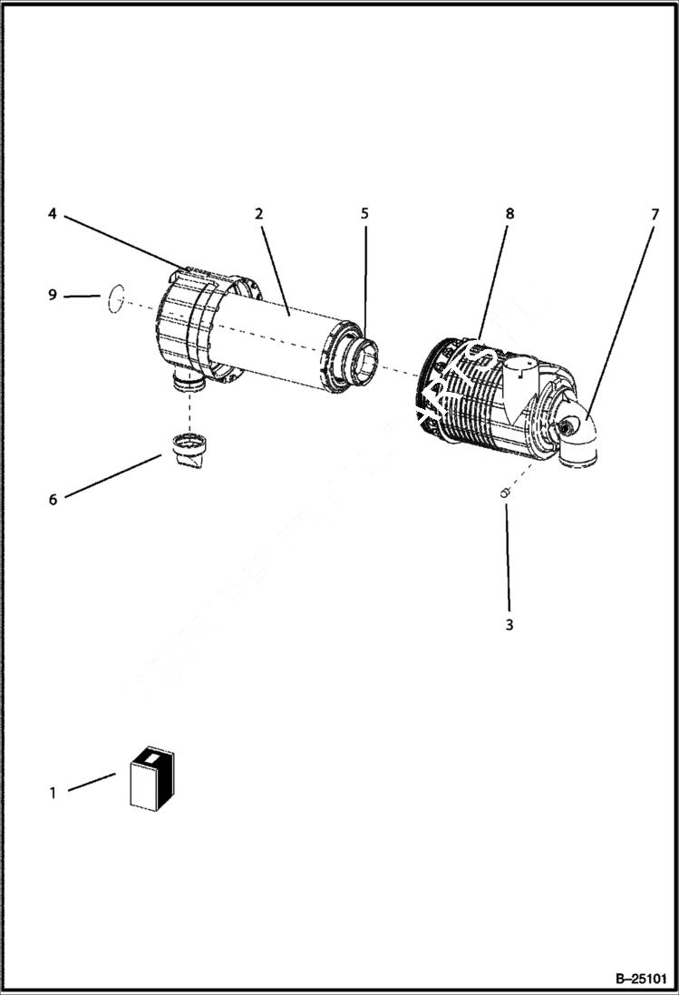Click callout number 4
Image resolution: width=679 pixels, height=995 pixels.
click(53, 214)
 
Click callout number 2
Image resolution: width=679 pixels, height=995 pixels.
click(258, 214)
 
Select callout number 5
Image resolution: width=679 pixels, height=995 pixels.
click(364, 214)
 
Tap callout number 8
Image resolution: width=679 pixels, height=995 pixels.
click(509, 214)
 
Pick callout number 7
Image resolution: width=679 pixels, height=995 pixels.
click(654, 214)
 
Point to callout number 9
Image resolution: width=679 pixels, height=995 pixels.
click(53, 295)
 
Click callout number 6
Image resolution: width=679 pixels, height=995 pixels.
click(53, 500)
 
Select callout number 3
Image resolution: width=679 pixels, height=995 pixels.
click(509, 625)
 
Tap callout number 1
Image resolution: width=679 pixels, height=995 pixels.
click(53, 793)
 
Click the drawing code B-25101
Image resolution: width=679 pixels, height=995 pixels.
click(641, 980)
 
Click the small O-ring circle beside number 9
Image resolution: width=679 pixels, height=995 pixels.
click(114, 297)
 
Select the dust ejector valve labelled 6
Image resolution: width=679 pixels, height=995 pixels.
click(188, 451)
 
